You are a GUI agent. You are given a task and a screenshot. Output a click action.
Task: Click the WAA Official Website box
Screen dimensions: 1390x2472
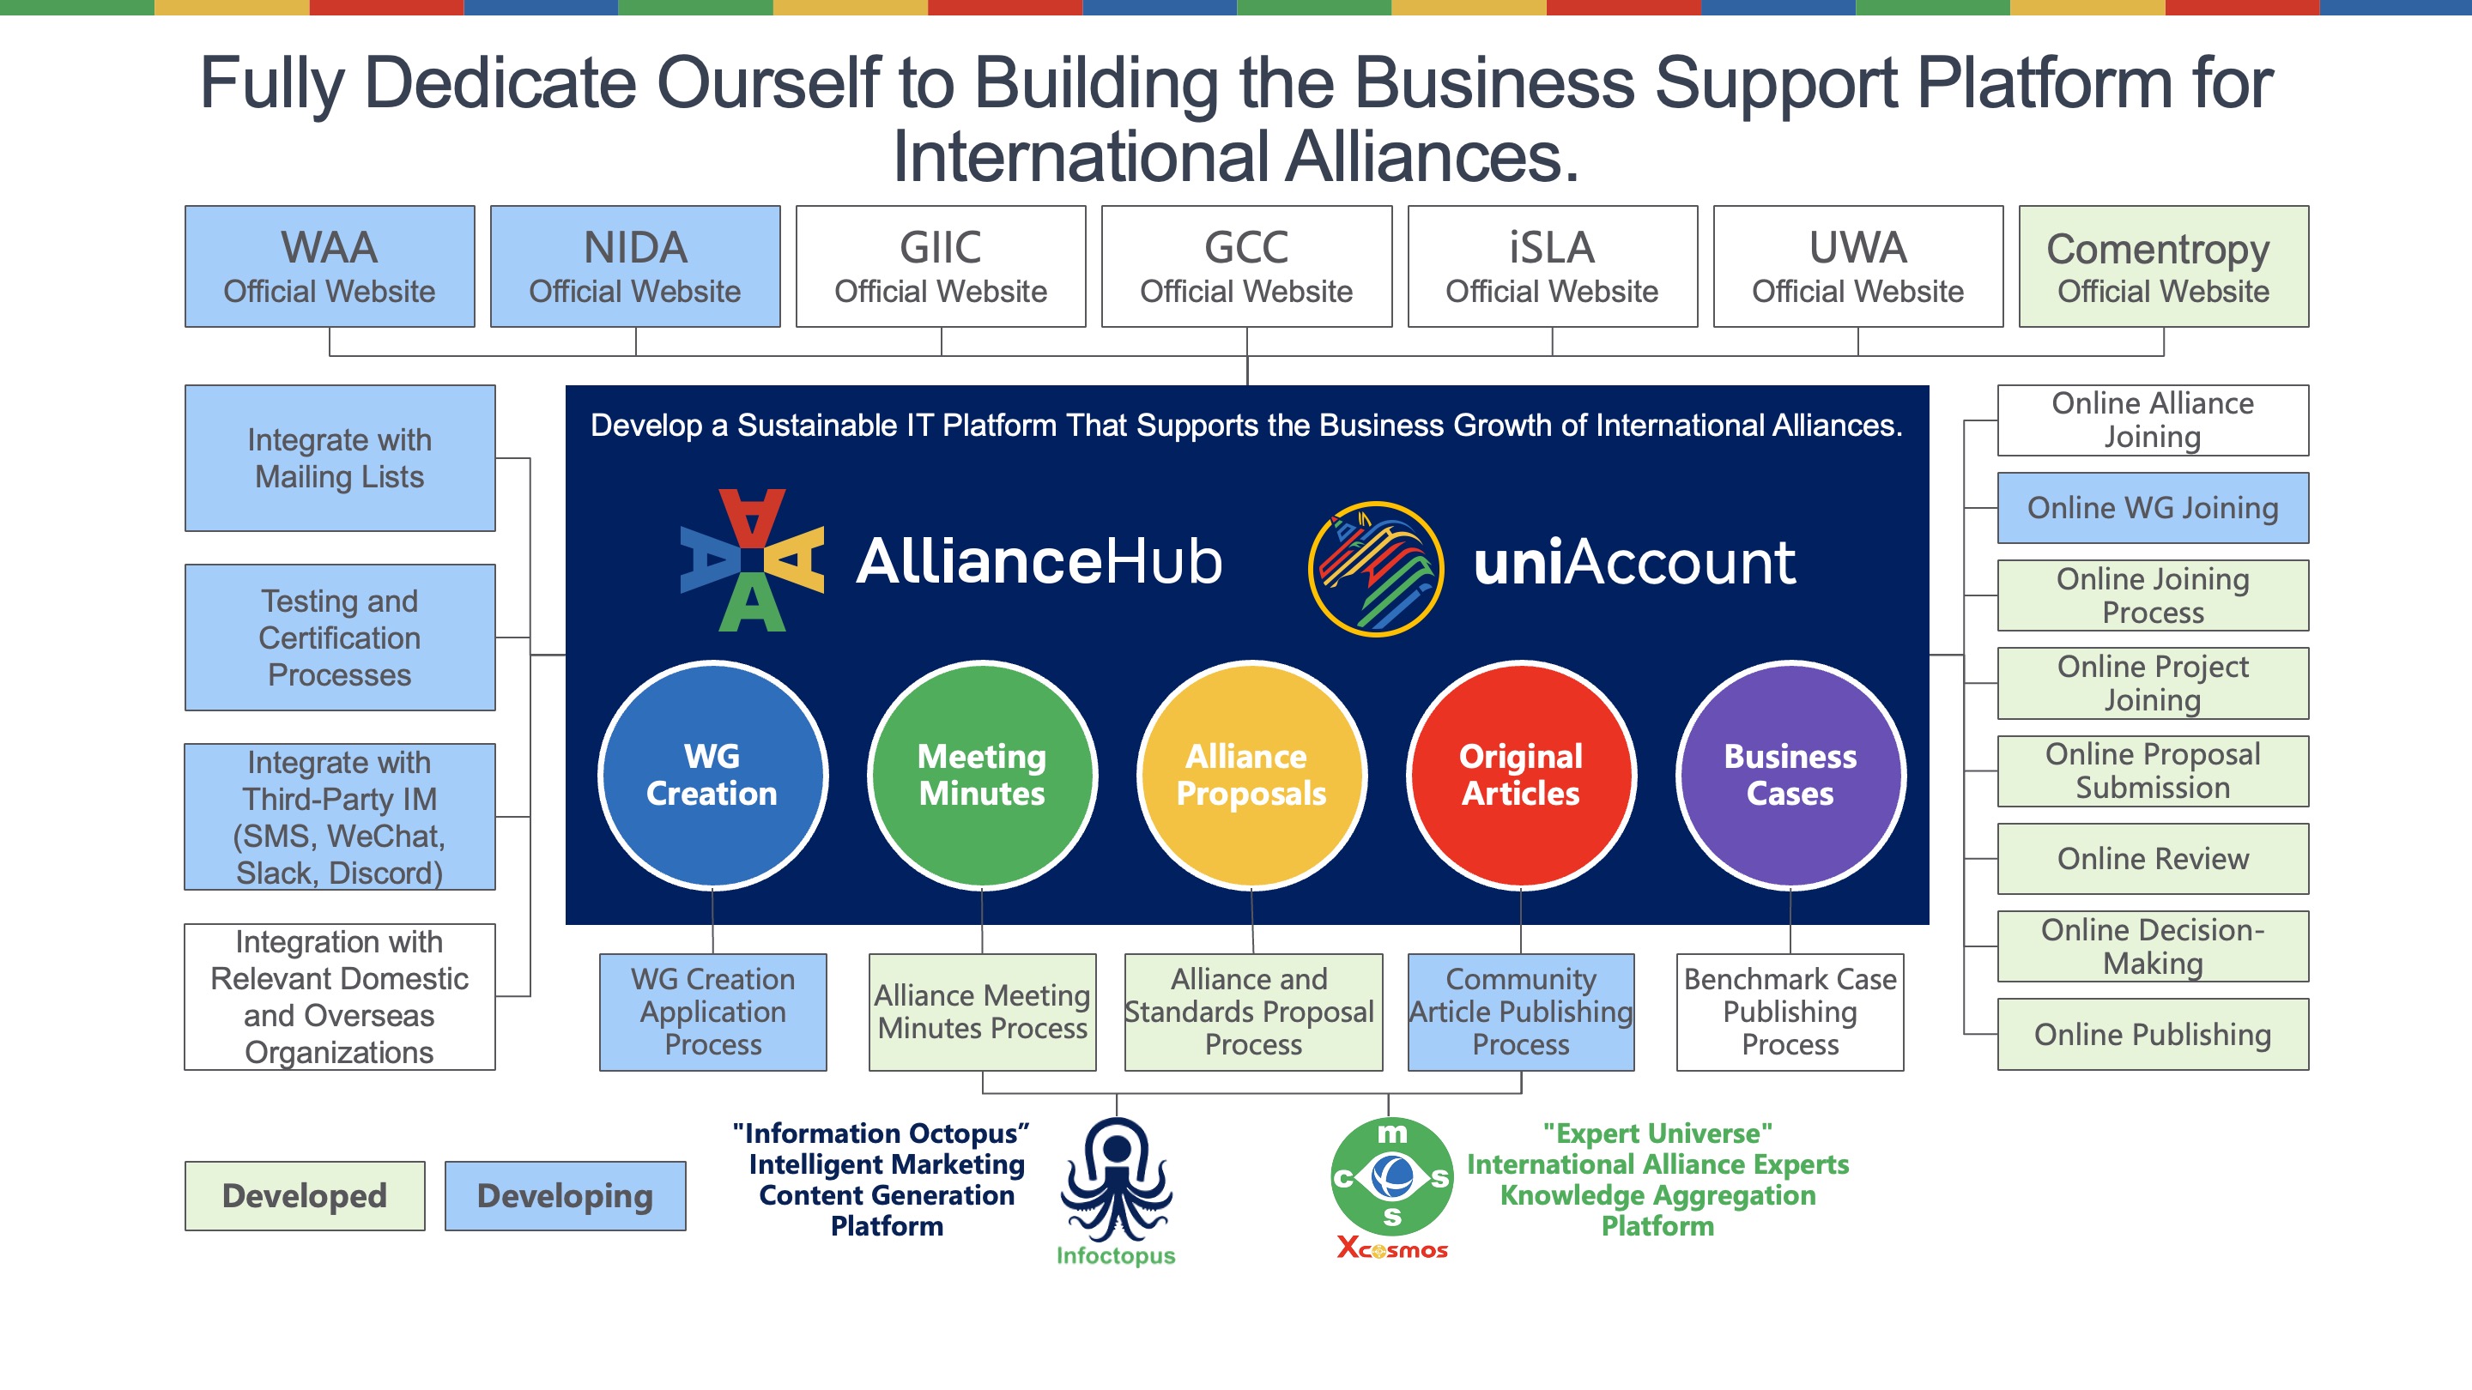point(329,266)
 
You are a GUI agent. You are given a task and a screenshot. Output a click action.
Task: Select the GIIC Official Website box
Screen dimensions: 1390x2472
point(941,266)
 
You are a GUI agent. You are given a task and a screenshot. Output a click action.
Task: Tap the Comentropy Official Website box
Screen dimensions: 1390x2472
point(2163,266)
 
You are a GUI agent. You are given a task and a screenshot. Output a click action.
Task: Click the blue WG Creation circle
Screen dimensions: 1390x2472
point(712,774)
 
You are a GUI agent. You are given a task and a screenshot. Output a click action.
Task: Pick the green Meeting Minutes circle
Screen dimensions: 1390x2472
point(982,774)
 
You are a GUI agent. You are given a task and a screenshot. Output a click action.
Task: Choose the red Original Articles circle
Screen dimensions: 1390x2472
point(1521,774)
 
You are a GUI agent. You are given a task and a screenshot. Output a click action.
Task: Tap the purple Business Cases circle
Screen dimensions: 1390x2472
point(1790,774)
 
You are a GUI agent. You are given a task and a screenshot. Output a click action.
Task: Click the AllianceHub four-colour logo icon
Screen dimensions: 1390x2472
point(751,560)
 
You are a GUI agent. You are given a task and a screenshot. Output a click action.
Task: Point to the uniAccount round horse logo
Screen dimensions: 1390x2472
point(1375,568)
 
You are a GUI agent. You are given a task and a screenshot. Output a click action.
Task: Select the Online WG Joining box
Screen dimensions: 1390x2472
point(2153,507)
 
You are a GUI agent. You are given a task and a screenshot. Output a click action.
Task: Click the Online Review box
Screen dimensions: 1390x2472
point(2153,859)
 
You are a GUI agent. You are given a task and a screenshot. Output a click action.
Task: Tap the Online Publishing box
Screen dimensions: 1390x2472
point(2153,1034)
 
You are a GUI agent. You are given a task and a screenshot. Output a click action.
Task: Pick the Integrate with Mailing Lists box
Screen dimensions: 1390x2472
point(340,457)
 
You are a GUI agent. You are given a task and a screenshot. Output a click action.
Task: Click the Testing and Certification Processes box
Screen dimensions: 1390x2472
point(340,637)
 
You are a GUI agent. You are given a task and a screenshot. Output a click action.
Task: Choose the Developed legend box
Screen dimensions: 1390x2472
point(304,1195)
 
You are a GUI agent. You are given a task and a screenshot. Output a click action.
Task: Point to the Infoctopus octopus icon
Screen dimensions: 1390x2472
point(1116,1180)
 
